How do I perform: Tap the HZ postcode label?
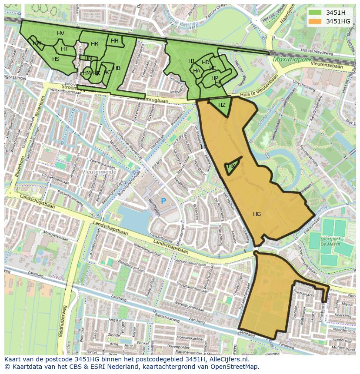222,105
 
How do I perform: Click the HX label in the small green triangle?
231,166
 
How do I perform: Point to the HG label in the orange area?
257,214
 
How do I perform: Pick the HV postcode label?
60,33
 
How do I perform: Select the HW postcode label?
37,43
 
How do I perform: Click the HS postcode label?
56,59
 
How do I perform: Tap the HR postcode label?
94,44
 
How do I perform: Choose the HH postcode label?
115,41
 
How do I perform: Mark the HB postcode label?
117,68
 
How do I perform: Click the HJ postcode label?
191,61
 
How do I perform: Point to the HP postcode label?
215,78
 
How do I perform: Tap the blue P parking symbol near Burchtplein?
163,201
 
